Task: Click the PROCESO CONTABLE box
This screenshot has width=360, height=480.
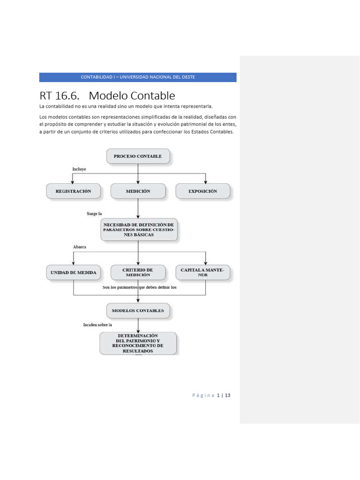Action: click(x=138, y=156)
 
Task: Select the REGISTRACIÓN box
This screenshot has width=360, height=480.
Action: click(x=73, y=191)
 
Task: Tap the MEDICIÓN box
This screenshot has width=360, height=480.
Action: click(x=138, y=191)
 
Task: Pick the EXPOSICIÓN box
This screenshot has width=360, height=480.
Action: click(x=202, y=191)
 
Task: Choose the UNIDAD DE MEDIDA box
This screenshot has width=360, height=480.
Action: click(x=73, y=272)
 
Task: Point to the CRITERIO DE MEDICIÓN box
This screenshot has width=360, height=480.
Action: click(x=138, y=272)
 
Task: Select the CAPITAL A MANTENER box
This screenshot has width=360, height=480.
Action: click(x=202, y=272)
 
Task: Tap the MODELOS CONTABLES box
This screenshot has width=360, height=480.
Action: click(x=138, y=310)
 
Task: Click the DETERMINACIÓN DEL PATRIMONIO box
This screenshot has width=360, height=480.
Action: click(x=138, y=343)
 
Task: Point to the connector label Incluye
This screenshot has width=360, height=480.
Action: click(x=79, y=169)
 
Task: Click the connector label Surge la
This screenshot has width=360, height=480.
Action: click(x=94, y=214)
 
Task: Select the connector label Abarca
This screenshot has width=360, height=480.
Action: click(x=80, y=247)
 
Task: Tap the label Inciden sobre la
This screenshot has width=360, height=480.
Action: click(x=97, y=324)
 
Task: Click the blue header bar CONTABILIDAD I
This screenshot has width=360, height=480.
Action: click(x=138, y=77)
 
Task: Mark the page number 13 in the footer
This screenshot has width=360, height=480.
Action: click(x=227, y=396)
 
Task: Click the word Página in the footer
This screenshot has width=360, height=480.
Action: click(x=203, y=396)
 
